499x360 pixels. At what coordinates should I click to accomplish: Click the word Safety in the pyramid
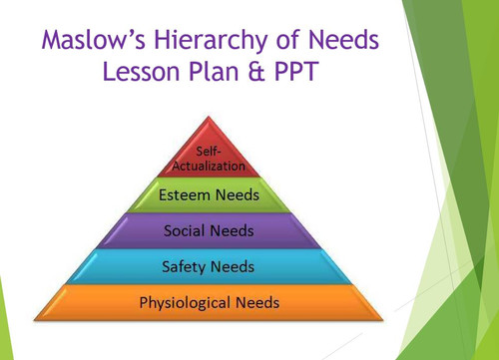[x=186, y=266]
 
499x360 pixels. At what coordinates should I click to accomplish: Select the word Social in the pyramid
[x=186, y=231]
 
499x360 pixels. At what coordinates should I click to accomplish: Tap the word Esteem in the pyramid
[x=184, y=195]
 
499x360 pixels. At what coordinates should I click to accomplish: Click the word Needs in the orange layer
[x=257, y=301]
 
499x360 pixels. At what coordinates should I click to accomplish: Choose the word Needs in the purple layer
[x=232, y=231]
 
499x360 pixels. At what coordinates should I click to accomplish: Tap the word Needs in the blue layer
[x=233, y=266]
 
